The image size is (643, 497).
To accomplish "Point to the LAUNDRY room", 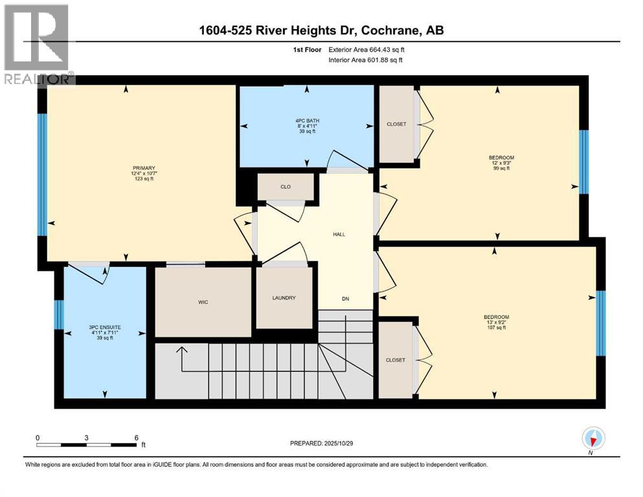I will point(284,298).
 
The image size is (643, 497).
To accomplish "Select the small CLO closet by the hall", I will point(286,186).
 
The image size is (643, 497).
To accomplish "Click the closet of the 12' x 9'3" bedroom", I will point(396,124).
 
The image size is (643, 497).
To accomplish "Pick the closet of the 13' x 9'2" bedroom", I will point(396,360).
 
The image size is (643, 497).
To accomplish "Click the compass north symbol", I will point(593,439).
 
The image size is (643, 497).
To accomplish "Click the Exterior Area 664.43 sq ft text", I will point(369,49).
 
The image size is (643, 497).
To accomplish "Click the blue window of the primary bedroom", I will point(42,175).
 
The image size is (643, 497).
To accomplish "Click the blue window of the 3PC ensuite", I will point(58,315).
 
